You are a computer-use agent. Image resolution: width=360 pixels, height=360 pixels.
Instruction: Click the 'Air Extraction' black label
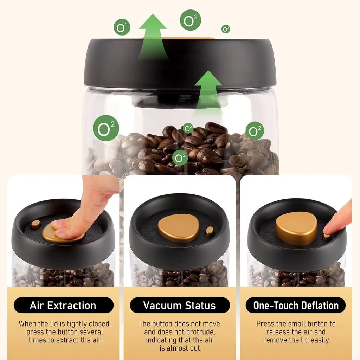[x=63, y=305]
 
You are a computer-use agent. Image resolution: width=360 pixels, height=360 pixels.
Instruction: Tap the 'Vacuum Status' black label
[x=180, y=305]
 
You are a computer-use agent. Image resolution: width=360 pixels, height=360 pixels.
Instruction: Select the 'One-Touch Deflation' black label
[x=296, y=305]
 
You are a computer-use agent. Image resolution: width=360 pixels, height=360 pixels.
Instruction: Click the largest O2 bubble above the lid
[x=191, y=20]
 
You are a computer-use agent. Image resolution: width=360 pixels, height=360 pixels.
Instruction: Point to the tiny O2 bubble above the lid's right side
[x=226, y=29]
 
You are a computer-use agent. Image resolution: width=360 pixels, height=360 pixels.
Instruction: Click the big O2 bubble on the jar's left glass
[x=106, y=128]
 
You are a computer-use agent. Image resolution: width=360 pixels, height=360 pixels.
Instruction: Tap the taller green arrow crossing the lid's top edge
[x=153, y=37]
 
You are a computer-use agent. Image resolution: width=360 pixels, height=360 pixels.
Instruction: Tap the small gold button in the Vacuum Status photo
[x=210, y=231]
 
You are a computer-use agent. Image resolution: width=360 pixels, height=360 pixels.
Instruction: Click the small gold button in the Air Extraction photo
[x=35, y=224]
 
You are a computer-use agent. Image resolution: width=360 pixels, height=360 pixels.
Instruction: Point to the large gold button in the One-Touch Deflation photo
[x=296, y=228]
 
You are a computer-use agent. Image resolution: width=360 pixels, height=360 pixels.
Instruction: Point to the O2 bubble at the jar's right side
[x=255, y=130]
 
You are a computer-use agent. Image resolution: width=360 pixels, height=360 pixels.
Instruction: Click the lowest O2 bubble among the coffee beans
[x=180, y=157]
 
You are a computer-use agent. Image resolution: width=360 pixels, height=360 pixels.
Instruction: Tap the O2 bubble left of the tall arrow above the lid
[x=122, y=27]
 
